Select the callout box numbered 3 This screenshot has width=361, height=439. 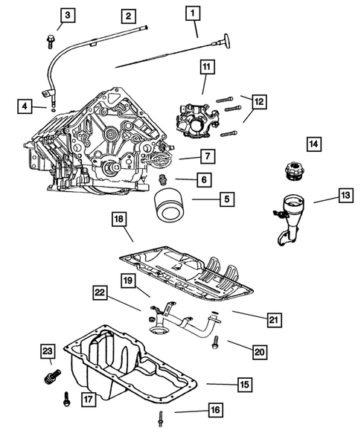68,15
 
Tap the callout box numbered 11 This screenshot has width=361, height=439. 205,68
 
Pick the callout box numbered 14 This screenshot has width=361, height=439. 313,142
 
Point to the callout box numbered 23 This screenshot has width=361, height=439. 47,350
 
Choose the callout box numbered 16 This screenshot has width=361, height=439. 214,408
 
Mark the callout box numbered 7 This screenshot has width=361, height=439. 207,156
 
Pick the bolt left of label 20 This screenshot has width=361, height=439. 214,342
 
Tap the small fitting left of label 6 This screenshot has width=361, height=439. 164,181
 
